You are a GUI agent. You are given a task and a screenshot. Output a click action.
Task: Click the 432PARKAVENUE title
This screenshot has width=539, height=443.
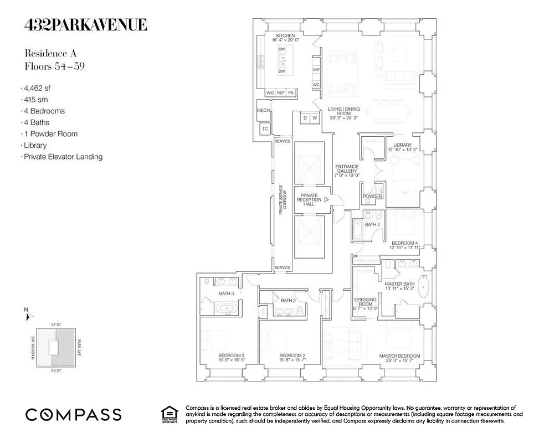(x=85, y=25)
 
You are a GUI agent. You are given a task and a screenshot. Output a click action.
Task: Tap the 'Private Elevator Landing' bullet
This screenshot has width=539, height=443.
(x=62, y=157)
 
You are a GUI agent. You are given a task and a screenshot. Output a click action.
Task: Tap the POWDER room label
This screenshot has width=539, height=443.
(x=372, y=197)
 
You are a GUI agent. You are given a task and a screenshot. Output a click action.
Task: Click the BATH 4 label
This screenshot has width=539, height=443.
(x=372, y=224)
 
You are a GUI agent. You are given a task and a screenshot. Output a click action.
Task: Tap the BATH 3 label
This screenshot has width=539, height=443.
(x=226, y=293)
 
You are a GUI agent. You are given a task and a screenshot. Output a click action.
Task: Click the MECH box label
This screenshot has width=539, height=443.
(x=263, y=111)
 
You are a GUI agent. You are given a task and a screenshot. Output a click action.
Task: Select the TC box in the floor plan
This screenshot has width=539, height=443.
(x=265, y=128)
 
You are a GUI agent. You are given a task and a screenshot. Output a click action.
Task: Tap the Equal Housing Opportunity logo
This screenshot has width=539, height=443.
(x=169, y=414)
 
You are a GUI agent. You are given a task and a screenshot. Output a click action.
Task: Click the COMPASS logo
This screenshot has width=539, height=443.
(x=73, y=414)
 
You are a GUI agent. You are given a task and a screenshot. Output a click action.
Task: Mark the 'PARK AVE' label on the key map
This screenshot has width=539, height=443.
(x=79, y=346)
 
